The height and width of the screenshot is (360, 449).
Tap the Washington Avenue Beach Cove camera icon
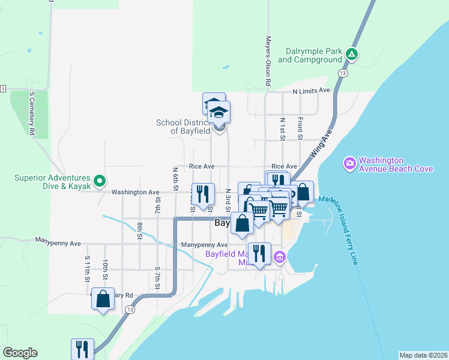(349, 163)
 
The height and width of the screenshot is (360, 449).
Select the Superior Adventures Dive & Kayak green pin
(100, 179)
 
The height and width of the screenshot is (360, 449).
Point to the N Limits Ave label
(312, 91)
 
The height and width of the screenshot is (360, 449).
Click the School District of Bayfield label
(184, 127)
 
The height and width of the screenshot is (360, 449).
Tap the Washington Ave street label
(136, 192)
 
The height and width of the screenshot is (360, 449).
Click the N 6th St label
(175, 178)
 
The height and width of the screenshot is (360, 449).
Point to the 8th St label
(139, 231)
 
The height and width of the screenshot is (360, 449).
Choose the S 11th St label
(87, 268)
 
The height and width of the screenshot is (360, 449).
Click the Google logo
(20, 353)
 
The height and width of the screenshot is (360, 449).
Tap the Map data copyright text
(423, 355)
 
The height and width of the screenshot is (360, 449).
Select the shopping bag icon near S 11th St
(103, 299)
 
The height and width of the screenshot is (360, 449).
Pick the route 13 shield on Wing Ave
(342, 73)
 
